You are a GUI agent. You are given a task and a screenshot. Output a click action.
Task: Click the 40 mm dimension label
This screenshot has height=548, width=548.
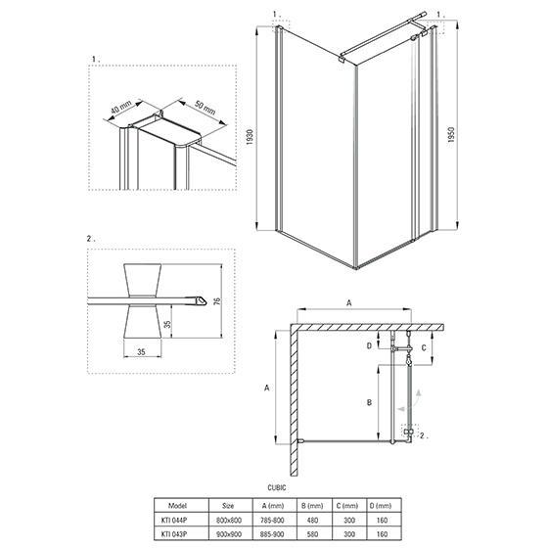(121, 107)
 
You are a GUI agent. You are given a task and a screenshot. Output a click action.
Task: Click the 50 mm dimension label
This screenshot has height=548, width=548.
(205, 108)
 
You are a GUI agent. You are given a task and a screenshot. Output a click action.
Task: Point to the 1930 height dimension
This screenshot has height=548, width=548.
(250, 137)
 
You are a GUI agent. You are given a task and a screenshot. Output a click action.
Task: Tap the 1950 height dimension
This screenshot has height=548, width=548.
(451, 135)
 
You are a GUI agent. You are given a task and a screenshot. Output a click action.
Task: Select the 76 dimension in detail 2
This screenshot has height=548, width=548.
(217, 301)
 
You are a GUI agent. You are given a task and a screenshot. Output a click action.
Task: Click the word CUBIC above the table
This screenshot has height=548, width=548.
(277, 487)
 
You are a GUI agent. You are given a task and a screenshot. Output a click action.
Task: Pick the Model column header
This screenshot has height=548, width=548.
(177, 506)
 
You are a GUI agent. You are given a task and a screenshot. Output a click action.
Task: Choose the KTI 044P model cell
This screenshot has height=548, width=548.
(174, 520)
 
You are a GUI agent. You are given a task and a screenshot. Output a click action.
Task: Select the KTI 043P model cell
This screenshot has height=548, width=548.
(174, 534)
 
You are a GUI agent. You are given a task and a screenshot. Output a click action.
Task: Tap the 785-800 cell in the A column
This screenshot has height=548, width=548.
(274, 520)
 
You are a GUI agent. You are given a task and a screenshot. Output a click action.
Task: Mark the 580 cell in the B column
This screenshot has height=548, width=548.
(312, 534)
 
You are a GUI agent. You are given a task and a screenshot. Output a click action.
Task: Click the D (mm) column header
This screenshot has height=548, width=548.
(382, 506)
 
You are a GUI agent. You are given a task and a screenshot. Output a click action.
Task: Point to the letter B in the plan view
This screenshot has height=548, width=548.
(369, 402)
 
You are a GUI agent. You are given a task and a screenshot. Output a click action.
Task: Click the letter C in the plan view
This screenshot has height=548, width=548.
(424, 347)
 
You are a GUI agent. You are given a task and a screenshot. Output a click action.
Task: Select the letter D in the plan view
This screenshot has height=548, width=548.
(369, 346)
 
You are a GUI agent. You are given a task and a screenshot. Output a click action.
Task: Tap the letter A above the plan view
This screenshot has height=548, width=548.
(348, 303)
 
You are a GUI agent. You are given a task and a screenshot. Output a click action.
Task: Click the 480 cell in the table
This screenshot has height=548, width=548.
(312, 520)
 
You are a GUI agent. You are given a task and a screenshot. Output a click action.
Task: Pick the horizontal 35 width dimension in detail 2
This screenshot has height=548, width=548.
(141, 352)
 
